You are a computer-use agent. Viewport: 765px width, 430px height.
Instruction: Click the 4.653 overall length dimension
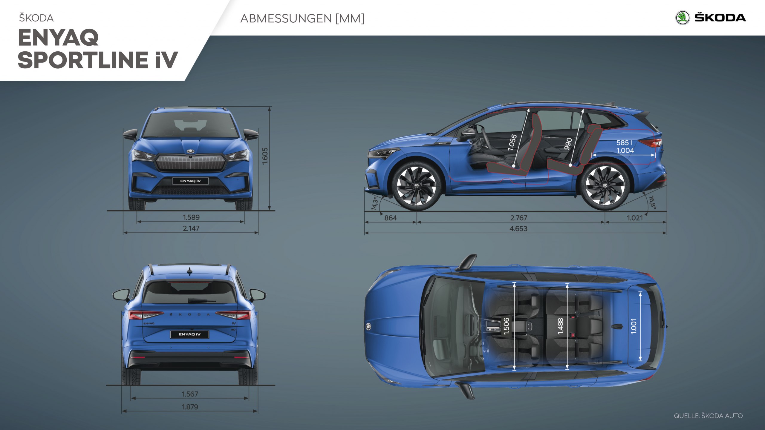[x=518, y=229]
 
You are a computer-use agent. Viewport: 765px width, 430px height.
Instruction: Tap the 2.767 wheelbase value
[x=518, y=218]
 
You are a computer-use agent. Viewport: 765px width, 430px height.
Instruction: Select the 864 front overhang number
[x=390, y=218]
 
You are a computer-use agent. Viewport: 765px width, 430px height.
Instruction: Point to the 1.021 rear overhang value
[x=634, y=218]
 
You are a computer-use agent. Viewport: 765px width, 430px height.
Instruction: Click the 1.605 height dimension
[x=265, y=156]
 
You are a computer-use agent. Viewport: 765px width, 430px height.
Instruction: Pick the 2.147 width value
[x=191, y=228]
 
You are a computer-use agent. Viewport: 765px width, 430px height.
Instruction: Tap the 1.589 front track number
[x=191, y=217]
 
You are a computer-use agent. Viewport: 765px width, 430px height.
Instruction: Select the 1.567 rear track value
[x=190, y=394]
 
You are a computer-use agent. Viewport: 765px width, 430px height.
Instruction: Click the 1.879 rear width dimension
[x=190, y=407]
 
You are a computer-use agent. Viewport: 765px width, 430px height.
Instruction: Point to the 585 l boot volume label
[x=624, y=143]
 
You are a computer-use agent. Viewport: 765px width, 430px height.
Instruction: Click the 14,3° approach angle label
[x=375, y=203]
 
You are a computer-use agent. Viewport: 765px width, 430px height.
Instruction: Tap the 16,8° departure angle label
[x=652, y=202]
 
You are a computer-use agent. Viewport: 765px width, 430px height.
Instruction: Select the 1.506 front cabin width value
[x=506, y=326]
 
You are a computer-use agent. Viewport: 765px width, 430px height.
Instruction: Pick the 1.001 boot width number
[x=634, y=326]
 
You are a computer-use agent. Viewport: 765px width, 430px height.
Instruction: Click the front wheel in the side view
[x=417, y=186]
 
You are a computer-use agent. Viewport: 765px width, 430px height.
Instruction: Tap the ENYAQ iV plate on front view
[x=190, y=181]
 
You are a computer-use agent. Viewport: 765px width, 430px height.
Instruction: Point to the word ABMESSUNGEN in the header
[x=286, y=19]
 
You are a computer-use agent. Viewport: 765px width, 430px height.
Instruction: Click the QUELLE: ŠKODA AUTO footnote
[x=708, y=416]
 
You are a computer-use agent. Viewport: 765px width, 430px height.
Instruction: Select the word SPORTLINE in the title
[x=83, y=60]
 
